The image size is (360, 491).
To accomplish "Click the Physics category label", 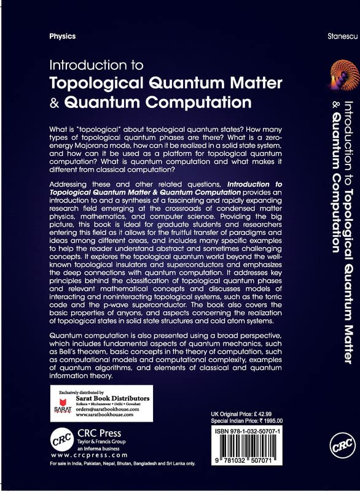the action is coord(63,36).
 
